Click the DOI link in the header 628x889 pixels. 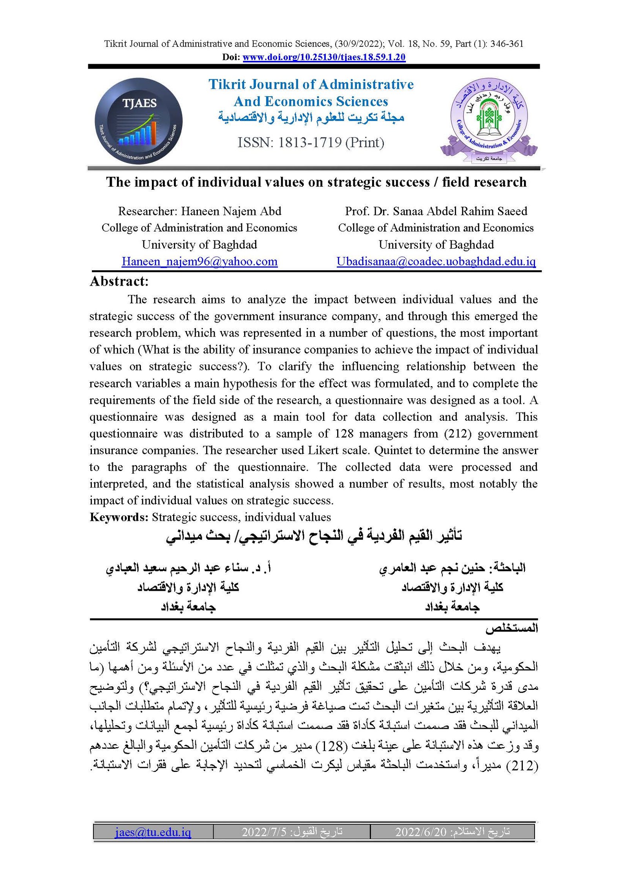(324, 57)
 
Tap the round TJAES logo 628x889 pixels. (139, 121)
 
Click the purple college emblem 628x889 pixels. (489, 120)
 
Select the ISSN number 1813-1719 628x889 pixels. (310, 142)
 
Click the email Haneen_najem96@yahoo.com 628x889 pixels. (199, 262)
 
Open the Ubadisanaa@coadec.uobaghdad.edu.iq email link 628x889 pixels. (436, 262)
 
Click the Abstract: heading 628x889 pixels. (119, 281)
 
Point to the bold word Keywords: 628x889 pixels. (119, 517)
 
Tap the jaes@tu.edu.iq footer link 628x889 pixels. (153, 832)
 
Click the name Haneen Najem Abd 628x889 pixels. (231, 211)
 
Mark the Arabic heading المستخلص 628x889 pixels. (511, 629)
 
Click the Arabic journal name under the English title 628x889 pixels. (311, 117)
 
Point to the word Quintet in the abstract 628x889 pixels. (391, 450)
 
